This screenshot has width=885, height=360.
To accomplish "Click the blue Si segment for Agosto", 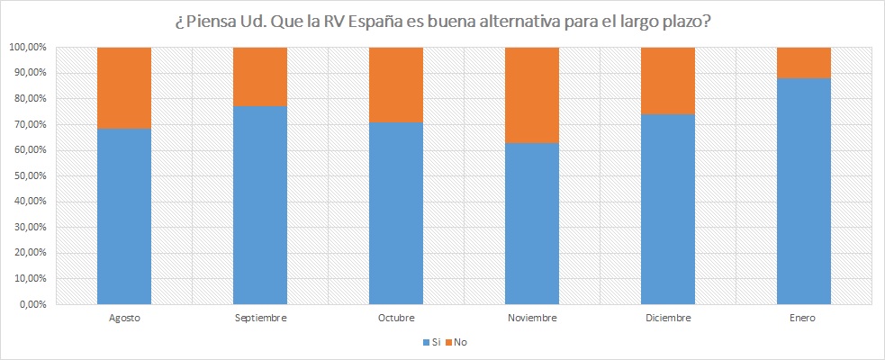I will (x=123, y=216).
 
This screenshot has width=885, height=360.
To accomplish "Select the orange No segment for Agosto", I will (x=123, y=87).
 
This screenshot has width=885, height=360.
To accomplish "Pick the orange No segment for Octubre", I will (x=395, y=85).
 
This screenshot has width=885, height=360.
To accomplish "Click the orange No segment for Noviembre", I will (x=531, y=94).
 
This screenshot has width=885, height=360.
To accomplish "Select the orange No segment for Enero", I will (x=803, y=62).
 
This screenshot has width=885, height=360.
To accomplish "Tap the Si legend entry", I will (x=429, y=342).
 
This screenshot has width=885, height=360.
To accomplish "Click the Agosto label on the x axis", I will (x=123, y=318).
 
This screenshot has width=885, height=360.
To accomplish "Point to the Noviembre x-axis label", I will (x=531, y=318).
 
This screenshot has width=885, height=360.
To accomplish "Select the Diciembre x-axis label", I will (x=667, y=318).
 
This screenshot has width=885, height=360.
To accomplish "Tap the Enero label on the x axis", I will (x=803, y=318).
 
